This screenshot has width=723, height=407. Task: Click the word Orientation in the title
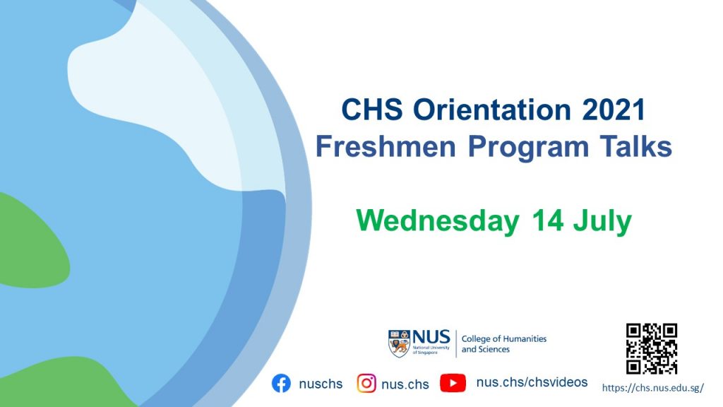pyautogui.click(x=491, y=110)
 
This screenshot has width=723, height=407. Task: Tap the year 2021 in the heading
pyautogui.click(x=614, y=110)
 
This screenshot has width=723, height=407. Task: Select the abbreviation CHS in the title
pyautogui.click(x=372, y=110)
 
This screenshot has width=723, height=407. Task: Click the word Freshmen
pyautogui.click(x=386, y=147)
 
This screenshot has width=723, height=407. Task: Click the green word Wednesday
pyautogui.click(x=438, y=221)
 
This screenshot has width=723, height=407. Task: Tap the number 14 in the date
pyautogui.click(x=547, y=220)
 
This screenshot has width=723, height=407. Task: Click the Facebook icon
pyautogui.click(x=281, y=384)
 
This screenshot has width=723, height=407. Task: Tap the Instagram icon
pyautogui.click(x=366, y=384)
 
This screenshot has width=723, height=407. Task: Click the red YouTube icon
pyautogui.click(x=453, y=383)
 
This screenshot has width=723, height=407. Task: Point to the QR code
pyautogui.click(x=652, y=348)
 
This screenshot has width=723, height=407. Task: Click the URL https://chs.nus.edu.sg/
pyautogui.click(x=653, y=388)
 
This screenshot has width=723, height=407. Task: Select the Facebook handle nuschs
pyautogui.click(x=321, y=384)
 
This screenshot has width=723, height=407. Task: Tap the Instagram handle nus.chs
pyautogui.click(x=405, y=384)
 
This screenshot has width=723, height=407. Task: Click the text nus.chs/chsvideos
pyautogui.click(x=532, y=382)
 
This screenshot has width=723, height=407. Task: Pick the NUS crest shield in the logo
pyautogui.click(x=399, y=344)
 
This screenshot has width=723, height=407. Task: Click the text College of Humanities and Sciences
pyautogui.click(x=504, y=344)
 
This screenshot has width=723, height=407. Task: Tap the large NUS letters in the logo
pyautogui.click(x=431, y=337)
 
